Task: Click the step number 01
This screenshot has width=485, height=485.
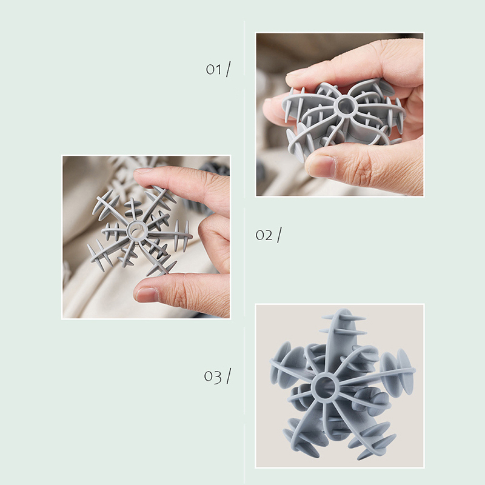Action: pyautogui.click(x=214, y=70)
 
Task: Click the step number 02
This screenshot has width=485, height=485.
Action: pyautogui.click(x=264, y=235)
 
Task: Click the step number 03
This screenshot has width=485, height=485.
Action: pyautogui.click(x=213, y=376)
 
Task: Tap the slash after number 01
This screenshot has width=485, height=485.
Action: pyautogui.click(x=229, y=69)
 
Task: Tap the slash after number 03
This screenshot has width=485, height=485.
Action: pyautogui.click(x=229, y=376)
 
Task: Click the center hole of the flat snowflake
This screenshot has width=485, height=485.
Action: pyautogui.click(x=136, y=230)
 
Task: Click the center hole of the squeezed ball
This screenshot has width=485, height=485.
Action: pyautogui.click(x=345, y=105)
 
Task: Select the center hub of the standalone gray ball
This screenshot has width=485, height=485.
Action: pyautogui.click(x=325, y=387)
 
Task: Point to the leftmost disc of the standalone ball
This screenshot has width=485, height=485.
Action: pyautogui.click(x=280, y=362)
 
